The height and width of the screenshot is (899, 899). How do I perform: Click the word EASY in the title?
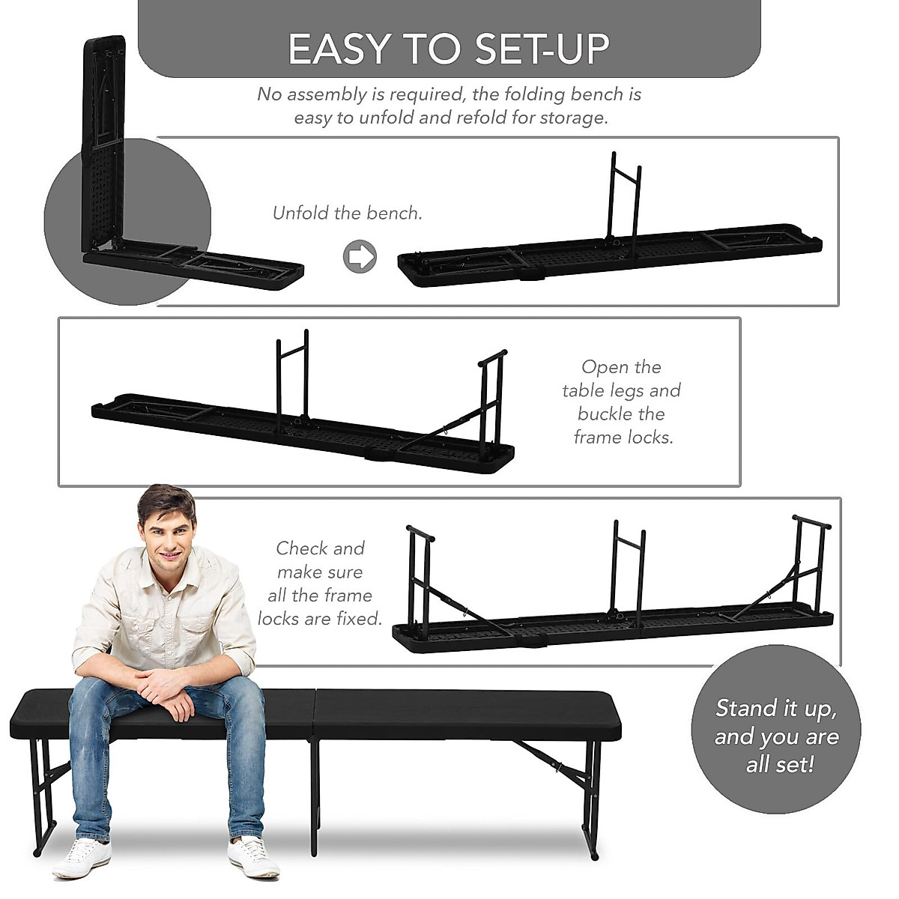coord(341,49)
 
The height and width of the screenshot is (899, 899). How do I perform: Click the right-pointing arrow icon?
coord(360,256)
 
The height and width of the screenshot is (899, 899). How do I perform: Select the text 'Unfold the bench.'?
coord(348,214)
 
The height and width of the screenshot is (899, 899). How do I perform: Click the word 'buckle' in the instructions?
coord(621,414)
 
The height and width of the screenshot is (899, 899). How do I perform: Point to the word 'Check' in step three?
coord(303,548)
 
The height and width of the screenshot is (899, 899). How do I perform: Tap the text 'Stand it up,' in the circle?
coord(776,708)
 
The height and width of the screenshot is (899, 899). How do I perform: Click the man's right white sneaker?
coord(81,856)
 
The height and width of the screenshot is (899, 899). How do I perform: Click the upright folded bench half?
coord(101,142)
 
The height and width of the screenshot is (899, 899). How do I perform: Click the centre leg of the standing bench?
coord(315,794)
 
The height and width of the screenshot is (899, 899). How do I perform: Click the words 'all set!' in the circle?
coord(779,765)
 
